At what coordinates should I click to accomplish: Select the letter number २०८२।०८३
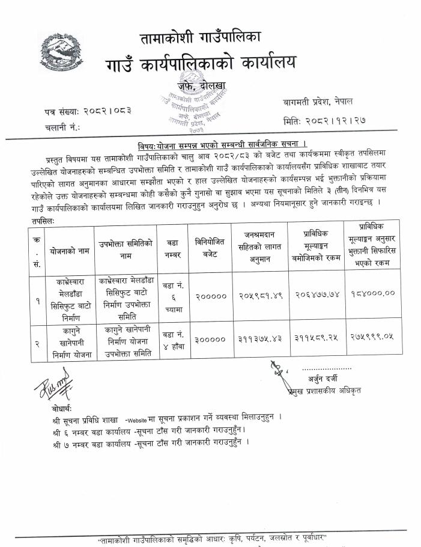(x=106, y=112)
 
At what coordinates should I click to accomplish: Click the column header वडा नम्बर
(x=172, y=248)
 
